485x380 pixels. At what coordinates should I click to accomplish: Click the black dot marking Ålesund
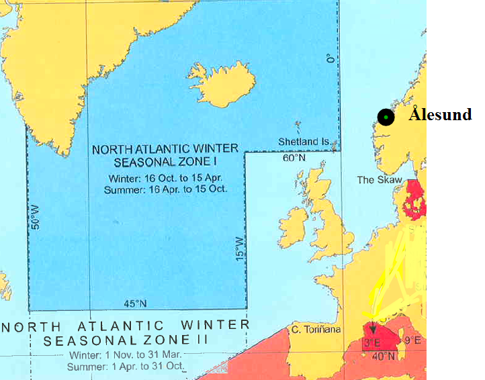(386, 117)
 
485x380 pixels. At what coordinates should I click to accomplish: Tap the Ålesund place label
(440, 115)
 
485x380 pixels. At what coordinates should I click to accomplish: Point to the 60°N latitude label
(293, 158)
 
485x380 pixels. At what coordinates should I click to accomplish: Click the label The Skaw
(380, 180)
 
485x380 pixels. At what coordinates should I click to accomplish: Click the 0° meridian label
(330, 59)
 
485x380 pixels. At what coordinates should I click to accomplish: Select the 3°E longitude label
(373, 343)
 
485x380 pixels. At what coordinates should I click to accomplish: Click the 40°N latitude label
(384, 356)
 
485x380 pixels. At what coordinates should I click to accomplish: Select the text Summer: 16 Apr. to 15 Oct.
(165, 189)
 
